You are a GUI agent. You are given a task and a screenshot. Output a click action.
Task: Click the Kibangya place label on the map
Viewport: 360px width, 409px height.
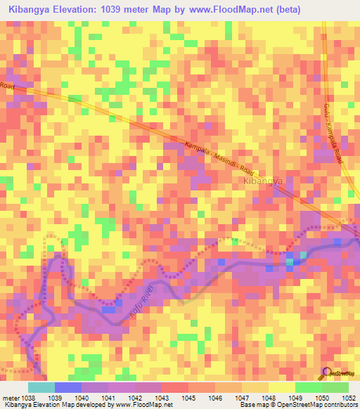(262, 181)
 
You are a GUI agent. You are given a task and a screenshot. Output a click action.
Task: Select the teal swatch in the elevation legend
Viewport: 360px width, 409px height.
(41, 387)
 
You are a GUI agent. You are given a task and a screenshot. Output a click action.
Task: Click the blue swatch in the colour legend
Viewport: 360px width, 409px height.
(67, 387)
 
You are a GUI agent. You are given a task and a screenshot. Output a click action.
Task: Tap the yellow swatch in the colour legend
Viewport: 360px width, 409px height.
(281, 387)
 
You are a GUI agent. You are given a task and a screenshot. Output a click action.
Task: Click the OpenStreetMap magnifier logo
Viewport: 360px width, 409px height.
(326, 372)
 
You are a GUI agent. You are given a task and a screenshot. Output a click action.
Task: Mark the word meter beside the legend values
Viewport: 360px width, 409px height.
(8, 397)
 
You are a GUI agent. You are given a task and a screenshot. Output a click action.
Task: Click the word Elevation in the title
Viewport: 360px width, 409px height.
(79, 10)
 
